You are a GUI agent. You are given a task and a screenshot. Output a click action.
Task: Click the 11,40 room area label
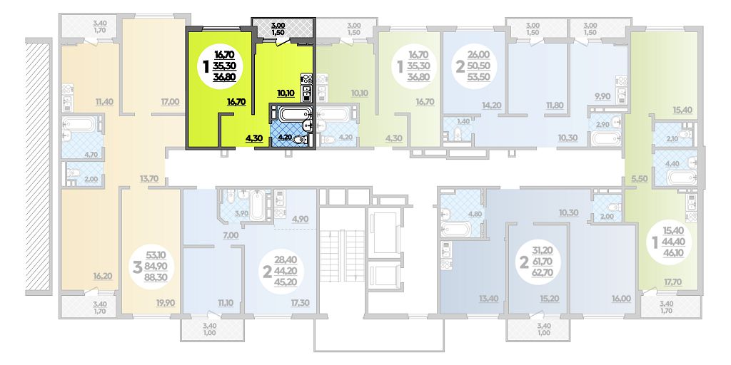click(105, 101)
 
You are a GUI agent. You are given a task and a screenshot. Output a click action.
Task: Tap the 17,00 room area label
click(170, 101)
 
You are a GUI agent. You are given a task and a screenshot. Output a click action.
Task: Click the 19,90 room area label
click(166, 303)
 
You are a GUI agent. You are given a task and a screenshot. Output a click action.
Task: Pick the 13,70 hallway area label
click(149, 178)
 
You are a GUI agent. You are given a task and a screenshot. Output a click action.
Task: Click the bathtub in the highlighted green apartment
click(291, 113)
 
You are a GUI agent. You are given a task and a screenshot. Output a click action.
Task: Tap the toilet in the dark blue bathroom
click(301, 139)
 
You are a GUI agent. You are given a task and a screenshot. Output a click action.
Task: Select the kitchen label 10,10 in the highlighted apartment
click(286, 93)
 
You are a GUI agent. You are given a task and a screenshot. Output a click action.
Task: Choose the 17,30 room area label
click(300, 303)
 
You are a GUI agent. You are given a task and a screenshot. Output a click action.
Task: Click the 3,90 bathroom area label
click(241, 214)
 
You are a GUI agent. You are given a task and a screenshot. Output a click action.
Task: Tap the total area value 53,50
click(478, 77)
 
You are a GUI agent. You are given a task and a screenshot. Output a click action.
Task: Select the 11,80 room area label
click(554, 106)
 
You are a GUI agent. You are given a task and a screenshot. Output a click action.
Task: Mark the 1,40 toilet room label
click(463, 121)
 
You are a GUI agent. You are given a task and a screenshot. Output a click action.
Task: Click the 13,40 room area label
click(487, 299)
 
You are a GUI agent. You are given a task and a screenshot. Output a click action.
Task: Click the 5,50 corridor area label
click(640, 178)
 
